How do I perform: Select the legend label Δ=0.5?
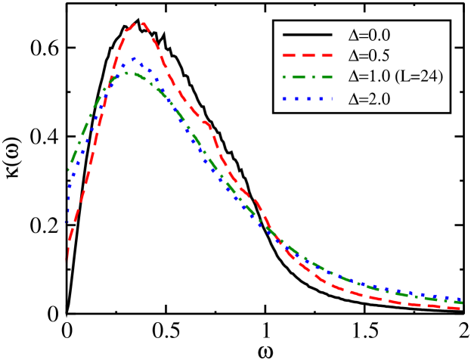click(x=370, y=55)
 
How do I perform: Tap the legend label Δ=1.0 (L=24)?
click(x=394, y=76)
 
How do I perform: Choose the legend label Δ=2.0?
click(x=370, y=98)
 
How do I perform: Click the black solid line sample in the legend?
click(x=307, y=35)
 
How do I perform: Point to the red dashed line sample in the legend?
click(x=307, y=56)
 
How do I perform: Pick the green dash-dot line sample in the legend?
click(x=307, y=77)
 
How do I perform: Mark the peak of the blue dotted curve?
click(x=134, y=59)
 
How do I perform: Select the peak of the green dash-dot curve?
click(x=127, y=73)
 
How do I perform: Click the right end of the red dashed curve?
click(x=461, y=308)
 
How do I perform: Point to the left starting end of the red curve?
click(x=67, y=261)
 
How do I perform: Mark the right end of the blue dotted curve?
click(x=461, y=299)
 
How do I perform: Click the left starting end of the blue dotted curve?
click(x=67, y=224)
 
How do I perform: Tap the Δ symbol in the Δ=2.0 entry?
click(x=353, y=98)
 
